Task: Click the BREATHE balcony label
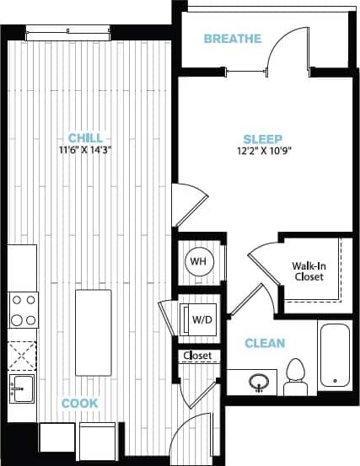point(233,39)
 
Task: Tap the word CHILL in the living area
point(85,138)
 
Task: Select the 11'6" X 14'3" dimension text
point(85,150)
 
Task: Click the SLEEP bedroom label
point(264,139)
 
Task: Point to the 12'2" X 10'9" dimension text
point(264,152)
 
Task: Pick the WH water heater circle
point(199,261)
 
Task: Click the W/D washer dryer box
point(201,319)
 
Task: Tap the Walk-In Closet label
point(309,271)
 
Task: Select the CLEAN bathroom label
point(265,343)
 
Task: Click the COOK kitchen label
point(79,404)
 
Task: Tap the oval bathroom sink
point(261,382)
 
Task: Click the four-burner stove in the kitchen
point(23,309)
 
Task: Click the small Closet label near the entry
point(197,356)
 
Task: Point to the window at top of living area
point(67,34)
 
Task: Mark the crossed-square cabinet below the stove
point(23,351)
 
